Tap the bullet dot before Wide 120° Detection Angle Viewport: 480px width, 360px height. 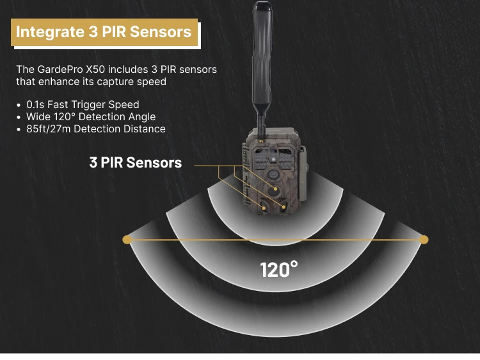[19, 117]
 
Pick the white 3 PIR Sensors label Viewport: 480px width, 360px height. [136, 162]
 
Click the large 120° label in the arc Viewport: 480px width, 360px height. [279, 269]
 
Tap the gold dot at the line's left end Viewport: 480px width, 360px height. [127, 239]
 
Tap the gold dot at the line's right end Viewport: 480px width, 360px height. [424, 239]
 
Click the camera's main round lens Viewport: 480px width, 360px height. [273, 174]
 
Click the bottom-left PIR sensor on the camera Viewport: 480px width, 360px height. [263, 207]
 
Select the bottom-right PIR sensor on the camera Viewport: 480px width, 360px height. [283, 207]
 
